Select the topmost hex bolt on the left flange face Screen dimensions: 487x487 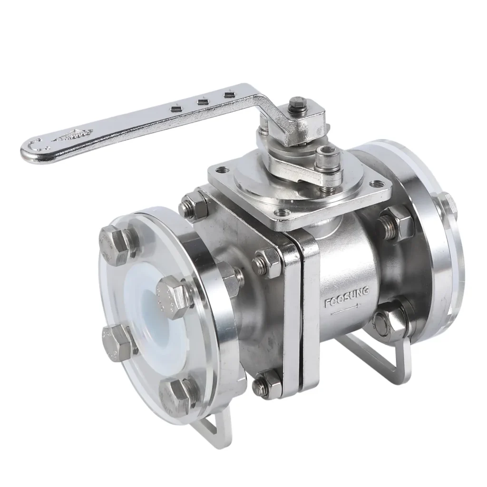pyautogui.click(x=114, y=243)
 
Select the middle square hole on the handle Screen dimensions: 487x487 pyautogui.click(x=203, y=101)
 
